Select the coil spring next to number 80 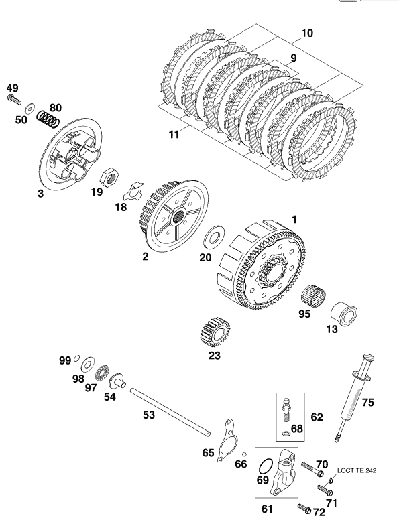coord(48,119)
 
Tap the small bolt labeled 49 coord(14,100)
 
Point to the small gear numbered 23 coord(215,332)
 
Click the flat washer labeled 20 coord(213,238)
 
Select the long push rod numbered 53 coord(170,411)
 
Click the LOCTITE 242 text coord(356,470)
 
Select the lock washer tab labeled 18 coord(133,192)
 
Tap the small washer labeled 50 coord(30,108)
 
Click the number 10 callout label coord(307,33)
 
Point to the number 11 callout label coord(174,135)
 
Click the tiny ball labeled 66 coord(244,454)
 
